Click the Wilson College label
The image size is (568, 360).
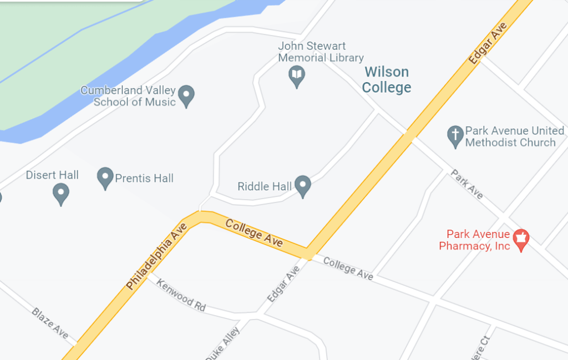pos(387,79)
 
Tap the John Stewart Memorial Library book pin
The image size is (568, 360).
pos(297,75)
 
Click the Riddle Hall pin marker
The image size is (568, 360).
pos(302,185)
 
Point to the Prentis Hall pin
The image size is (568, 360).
pos(105,178)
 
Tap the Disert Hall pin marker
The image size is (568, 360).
pos(60,194)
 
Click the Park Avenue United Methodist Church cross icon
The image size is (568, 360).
pos(455,136)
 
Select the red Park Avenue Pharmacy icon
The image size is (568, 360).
pos(520,239)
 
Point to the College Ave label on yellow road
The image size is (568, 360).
pos(255,233)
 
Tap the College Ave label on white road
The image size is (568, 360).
pos(348,268)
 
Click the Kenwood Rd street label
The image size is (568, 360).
pos(181,295)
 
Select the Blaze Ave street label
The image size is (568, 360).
pos(50,323)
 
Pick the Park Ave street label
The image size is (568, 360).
pos(467,184)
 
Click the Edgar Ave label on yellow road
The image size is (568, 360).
pos(488,43)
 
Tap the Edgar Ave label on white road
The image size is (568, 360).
pos(283,283)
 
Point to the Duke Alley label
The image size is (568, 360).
pos(222,344)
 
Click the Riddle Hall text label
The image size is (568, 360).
pos(265,186)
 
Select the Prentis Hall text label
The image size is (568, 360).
pos(144,178)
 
